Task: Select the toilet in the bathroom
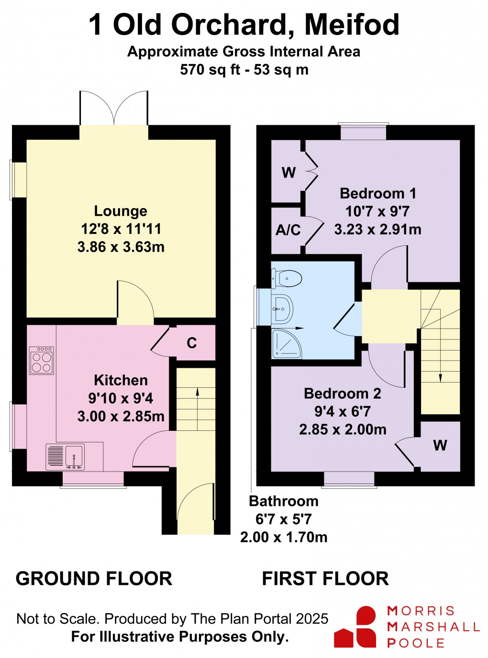pos(287,278)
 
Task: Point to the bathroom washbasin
pos(282,309)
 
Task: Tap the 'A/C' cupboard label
pos(288,230)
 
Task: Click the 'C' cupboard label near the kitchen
pos(192,343)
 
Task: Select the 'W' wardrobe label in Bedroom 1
pos(288,173)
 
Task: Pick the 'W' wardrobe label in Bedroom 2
pos(440,446)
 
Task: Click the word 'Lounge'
pos(121,211)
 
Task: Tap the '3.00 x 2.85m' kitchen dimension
pos(121,416)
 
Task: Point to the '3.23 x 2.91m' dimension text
pos(377,230)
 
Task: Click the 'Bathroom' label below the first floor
pos(284,501)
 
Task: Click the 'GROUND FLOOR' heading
pos(94,579)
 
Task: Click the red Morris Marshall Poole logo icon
pos(356,626)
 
